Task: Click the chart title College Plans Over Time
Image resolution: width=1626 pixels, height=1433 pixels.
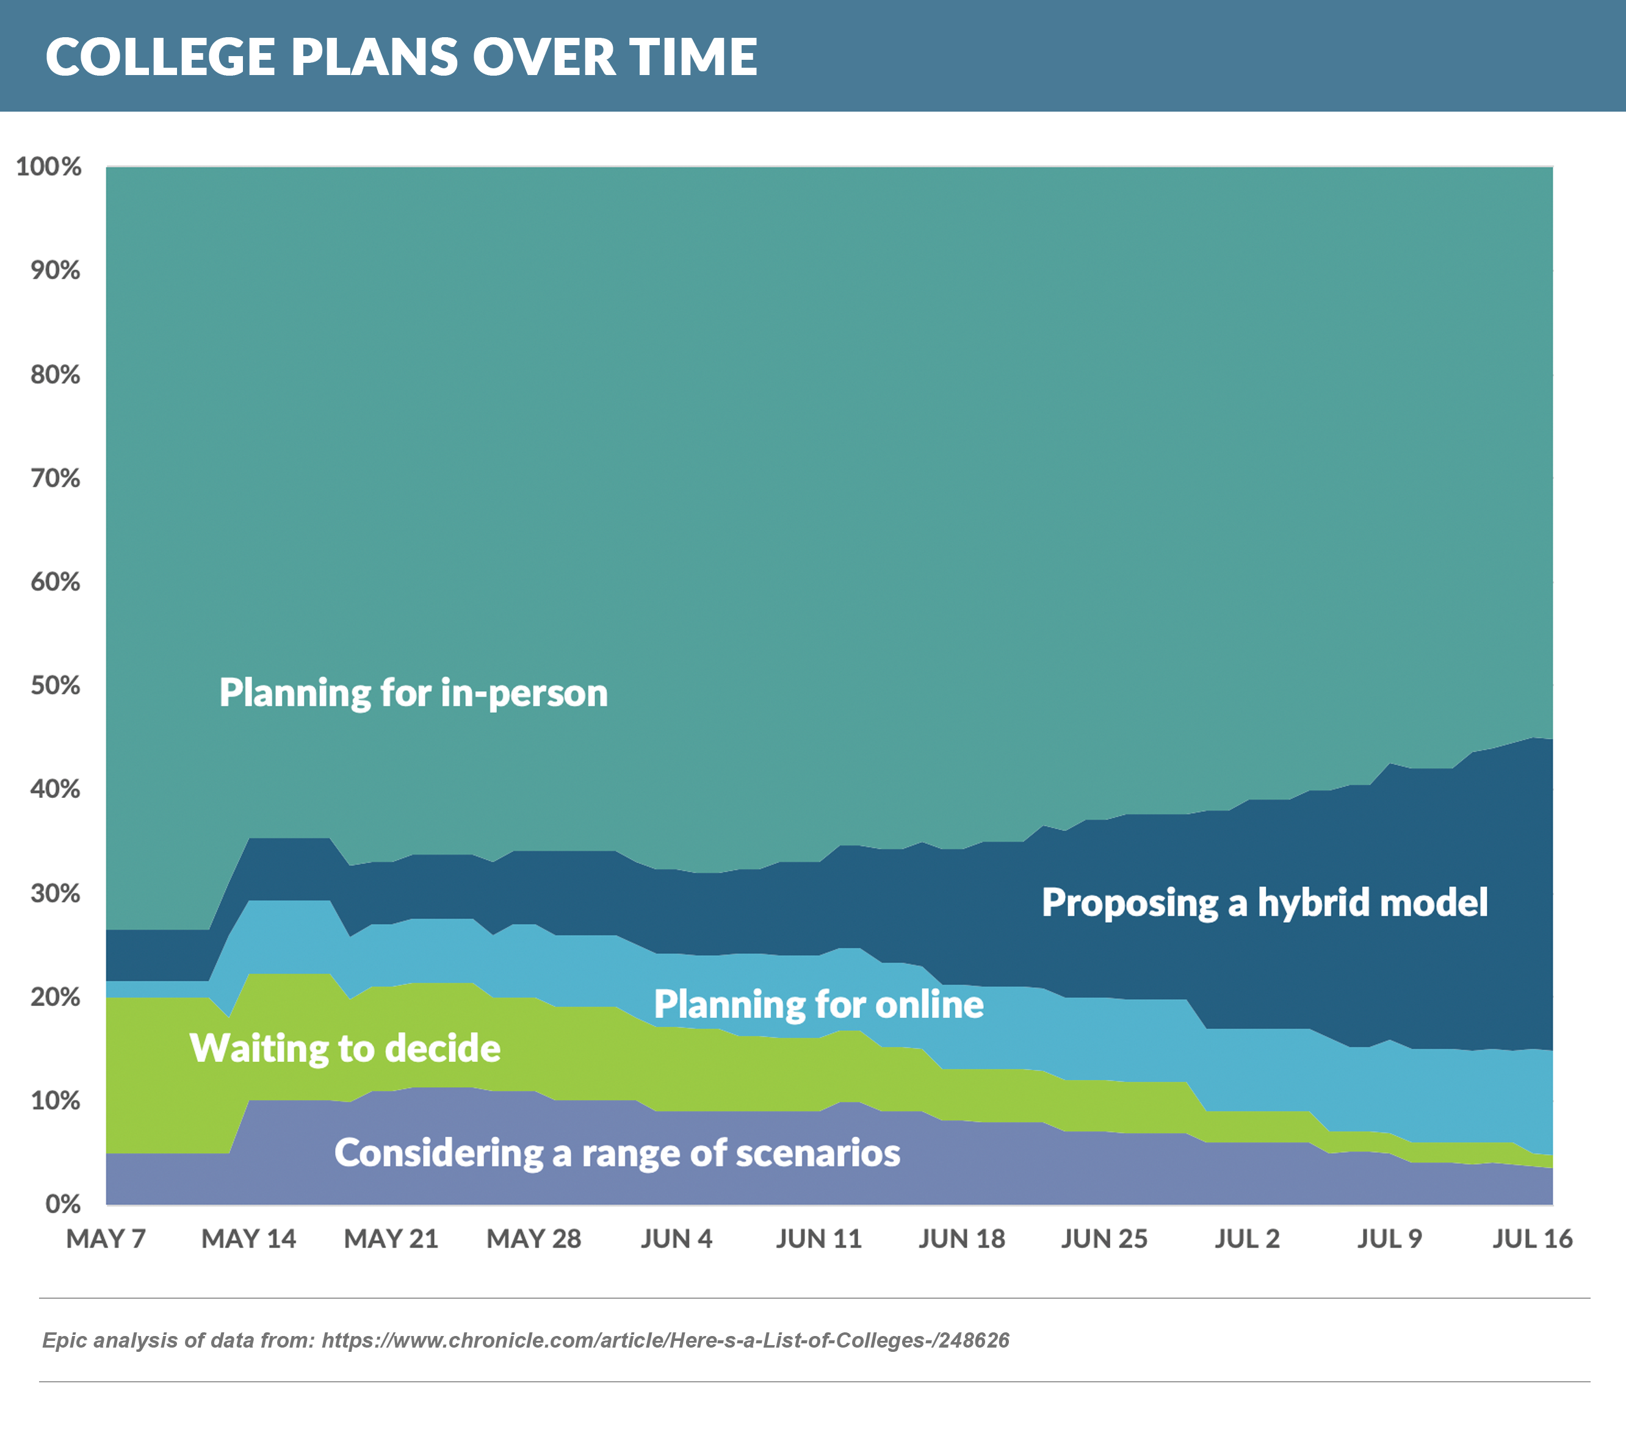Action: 401,57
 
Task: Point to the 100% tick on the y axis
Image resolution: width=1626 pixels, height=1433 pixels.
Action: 49,167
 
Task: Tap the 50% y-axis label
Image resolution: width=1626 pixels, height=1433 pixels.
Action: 56,686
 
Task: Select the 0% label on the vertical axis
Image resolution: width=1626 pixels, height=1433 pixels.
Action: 62,1204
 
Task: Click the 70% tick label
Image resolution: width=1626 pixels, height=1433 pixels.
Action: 56,478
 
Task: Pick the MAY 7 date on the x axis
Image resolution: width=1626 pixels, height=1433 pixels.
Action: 106,1239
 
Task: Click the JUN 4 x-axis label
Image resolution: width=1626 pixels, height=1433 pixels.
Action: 676,1239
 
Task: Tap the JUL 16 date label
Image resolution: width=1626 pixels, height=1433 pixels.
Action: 1532,1239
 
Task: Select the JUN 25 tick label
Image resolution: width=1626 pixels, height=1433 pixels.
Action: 1104,1239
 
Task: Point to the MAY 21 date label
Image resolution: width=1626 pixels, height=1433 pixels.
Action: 391,1239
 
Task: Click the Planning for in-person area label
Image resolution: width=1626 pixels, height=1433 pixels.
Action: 414,692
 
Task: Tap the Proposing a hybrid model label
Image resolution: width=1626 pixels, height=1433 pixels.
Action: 1264,903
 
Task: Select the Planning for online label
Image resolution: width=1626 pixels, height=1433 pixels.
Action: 818,1004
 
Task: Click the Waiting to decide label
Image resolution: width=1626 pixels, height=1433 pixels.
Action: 345,1048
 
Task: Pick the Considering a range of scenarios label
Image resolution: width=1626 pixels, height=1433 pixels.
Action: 616,1153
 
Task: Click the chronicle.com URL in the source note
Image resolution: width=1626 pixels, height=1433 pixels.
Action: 665,1341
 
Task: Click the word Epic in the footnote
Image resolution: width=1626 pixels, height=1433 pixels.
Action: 63,1341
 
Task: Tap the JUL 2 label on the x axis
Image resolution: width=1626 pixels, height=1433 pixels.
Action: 1246,1239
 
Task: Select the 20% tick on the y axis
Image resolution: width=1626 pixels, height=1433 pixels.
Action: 56,997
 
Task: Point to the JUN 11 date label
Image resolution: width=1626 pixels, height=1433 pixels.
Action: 818,1239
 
